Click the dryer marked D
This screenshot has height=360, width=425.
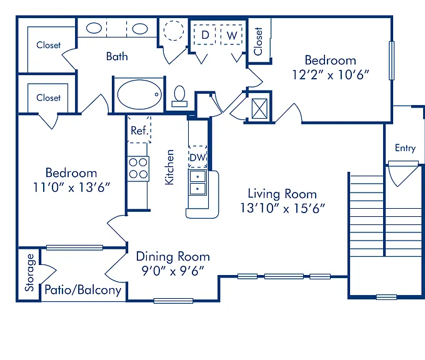click(x=205, y=35)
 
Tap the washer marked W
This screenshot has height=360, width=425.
click(x=231, y=35)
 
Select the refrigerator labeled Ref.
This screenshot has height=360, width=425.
click(x=139, y=129)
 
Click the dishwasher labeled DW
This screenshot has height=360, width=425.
click(x=198, y=157)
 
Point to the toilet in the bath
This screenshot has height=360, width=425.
click(x=179, y=96)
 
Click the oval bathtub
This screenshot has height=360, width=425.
click(x=139, y=94)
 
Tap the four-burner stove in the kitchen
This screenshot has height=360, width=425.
click(x=138, y=169)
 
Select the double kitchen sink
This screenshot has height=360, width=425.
click(x=197, y=182)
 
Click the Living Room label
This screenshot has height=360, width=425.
click(x=282, y=194)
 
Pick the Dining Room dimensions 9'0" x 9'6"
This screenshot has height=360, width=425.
click(x=173, y=271)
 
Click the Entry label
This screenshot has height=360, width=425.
click(x=405, y=148)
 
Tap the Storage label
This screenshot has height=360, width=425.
click(x=29, y=272)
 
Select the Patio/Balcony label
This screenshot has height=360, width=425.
click(x=82, y=290)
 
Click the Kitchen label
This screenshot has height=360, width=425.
click(x=169, y=167)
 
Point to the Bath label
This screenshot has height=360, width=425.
click(x=117, y=56)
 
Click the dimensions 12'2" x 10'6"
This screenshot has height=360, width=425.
click(x=331, y=74)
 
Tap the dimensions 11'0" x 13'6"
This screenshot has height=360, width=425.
click(x=71, y=187)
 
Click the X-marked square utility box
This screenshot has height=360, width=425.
click(x=259, y=109)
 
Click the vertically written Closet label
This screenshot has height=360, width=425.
click(x=258, y=41)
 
